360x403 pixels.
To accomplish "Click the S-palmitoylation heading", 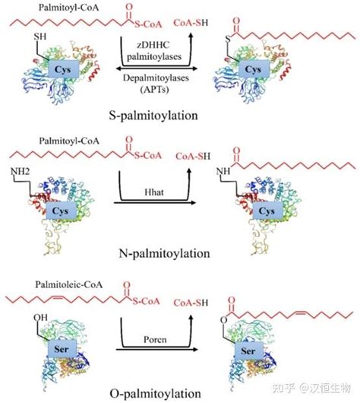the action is (x=153, y=116).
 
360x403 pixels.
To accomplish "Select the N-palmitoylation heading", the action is (x=164, y=254).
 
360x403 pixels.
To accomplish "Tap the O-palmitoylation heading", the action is (x=155, y=394).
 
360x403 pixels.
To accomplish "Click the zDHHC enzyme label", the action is (x=153, y=45).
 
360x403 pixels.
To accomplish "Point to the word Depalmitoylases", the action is (x=156, y=78).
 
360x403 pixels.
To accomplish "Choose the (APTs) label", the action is (x=155, y=90).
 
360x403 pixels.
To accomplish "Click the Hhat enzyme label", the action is (x=154, y=192).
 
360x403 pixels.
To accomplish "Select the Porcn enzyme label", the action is (x=155, y=340).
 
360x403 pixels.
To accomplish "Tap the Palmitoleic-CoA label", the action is (x=69, y=284).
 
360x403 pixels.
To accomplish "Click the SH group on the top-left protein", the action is (x=40, y=36).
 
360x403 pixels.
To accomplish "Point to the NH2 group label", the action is (x=20, y=171).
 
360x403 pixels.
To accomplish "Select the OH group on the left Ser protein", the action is (x=40, y=318).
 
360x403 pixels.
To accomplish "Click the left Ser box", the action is (x=62, y=349).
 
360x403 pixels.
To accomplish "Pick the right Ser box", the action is (x=249, y=351).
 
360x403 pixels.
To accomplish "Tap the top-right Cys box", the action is (x=254, y=69).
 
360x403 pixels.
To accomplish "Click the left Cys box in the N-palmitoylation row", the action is (x=61, y=211).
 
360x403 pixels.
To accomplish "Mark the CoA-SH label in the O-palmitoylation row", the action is (x=191, y=303).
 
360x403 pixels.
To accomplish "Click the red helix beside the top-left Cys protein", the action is (x=93, y=71).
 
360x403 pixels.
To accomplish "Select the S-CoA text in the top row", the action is (x=148, y=24).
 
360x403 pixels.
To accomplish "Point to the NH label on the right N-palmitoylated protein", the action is (x=223, y=171).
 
